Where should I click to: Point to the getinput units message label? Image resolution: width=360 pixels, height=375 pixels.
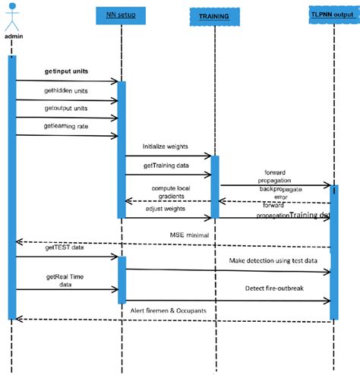tap(65, 71)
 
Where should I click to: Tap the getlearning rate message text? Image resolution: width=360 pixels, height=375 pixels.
tap(66, 126)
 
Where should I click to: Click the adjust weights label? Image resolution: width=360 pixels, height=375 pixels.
tap(166, 207)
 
